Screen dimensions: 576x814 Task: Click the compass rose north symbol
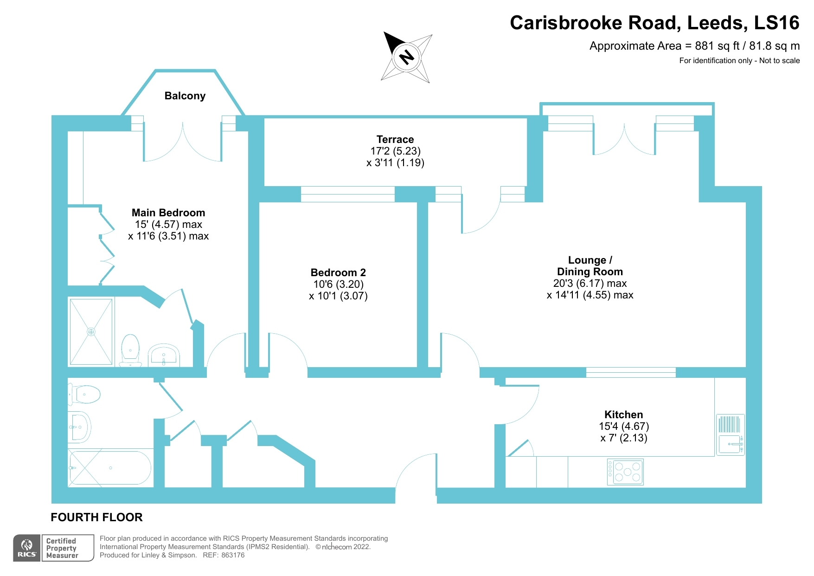[407, 58]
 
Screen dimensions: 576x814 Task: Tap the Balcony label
[185, 96]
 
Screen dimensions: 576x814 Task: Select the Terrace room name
[395, 139]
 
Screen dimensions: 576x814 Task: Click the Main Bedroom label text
[168, 213]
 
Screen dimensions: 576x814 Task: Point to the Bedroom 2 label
[338, 272]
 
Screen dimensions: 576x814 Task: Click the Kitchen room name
[623, 414]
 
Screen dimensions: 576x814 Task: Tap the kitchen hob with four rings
[625, 472]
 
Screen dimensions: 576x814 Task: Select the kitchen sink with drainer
[731, 434]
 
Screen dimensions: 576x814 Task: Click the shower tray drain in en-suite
[91, 332]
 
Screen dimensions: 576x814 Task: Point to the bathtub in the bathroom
[109, 468]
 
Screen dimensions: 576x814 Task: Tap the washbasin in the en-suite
[164, 356]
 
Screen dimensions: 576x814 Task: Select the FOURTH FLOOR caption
[96, 517]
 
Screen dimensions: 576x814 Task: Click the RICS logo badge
[27, 548]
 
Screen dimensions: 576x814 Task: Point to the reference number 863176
[233, 555]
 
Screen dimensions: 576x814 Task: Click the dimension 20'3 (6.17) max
[590, 283]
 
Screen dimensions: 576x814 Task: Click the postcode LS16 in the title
[776, 23]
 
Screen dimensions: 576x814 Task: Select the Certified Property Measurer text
[62, 548]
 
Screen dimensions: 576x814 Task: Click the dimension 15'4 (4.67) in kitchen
[623, 426]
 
